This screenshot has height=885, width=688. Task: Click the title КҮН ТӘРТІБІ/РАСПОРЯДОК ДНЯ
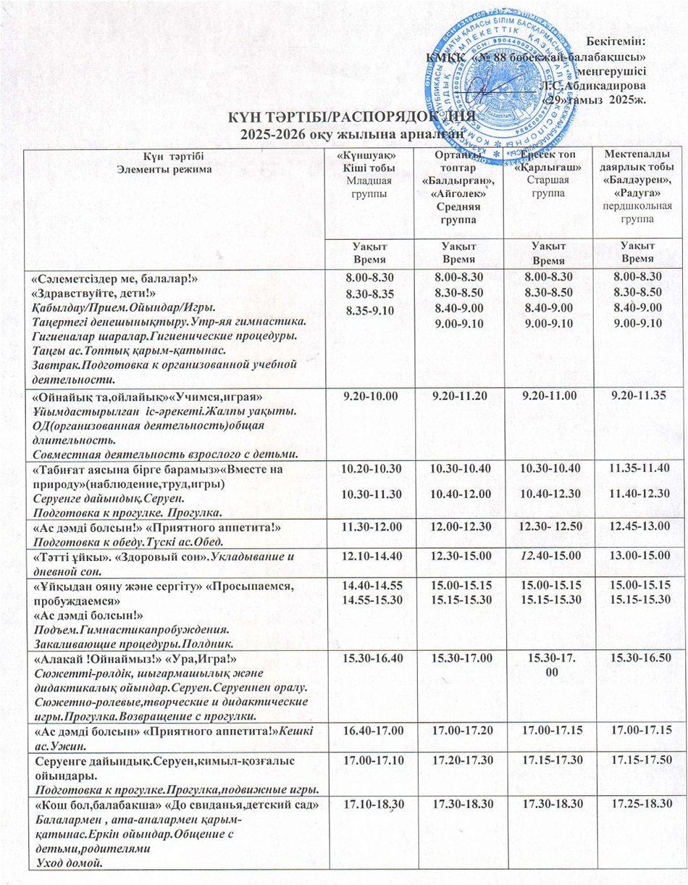click(352, 117)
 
